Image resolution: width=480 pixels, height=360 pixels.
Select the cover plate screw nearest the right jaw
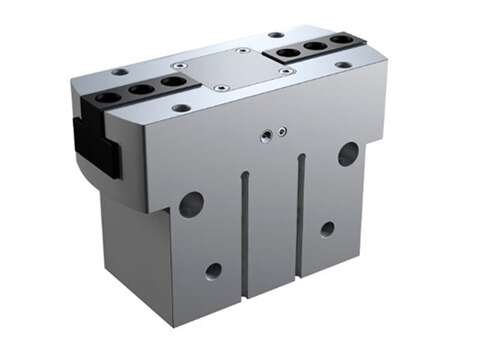pos(287,71)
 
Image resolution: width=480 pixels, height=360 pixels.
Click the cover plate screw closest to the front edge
pos(221,87)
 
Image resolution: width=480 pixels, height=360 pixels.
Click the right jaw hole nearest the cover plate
pos(288,52)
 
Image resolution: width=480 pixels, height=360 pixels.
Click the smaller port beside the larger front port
pos(283,130)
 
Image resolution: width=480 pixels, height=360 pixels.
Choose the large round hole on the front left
pos(191,204)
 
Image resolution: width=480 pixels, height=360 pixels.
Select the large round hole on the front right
pos(348,153)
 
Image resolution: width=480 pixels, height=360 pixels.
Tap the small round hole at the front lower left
pos(213,270)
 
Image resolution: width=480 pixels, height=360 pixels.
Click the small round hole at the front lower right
pos(327,229)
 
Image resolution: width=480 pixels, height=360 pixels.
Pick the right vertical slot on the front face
pos(299,214)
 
